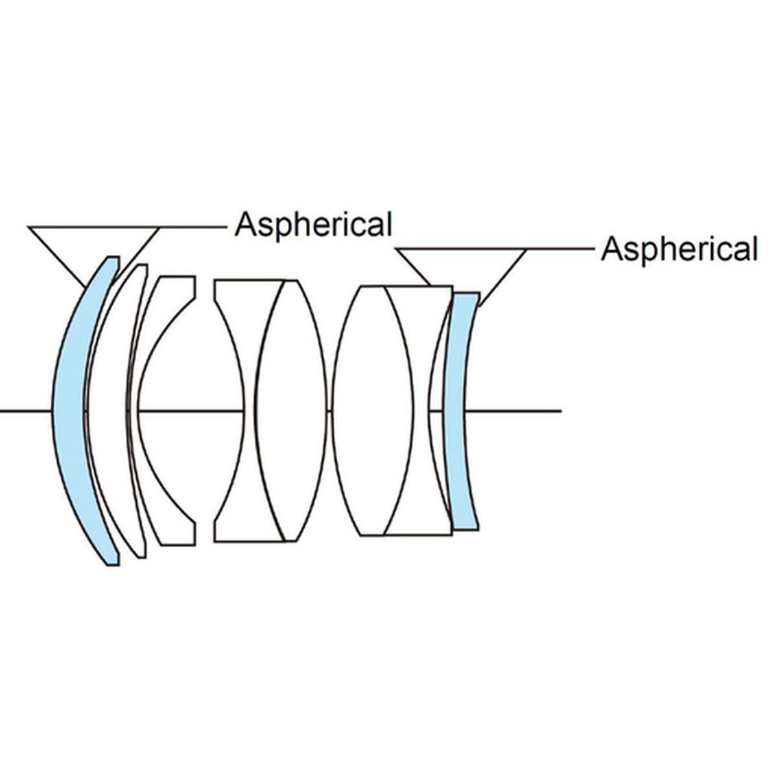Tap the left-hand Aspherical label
click(313, 225)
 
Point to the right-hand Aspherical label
click(679, 249)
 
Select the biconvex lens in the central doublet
click(292, 410)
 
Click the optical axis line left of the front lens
click(26, 410)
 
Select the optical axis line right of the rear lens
click(519, 410)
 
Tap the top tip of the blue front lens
click(113, 260)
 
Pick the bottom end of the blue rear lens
click(465, 525)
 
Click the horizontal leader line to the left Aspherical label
click(194, 226)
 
